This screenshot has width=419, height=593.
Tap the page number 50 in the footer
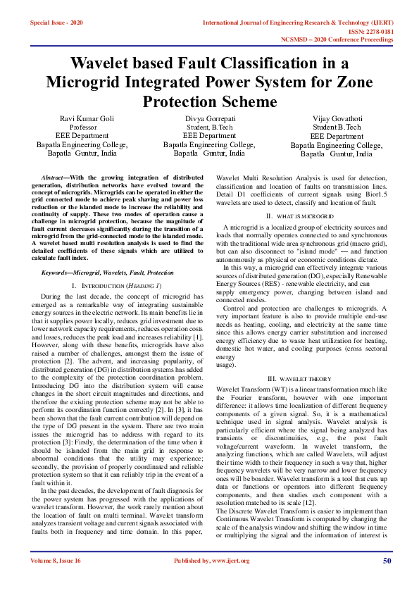(x=387, y=580)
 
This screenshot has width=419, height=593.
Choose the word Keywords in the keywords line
(x=58, y=272)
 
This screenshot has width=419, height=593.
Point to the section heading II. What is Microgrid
(x=299, y=215)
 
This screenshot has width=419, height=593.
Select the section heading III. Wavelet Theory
(x=299, y=378)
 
